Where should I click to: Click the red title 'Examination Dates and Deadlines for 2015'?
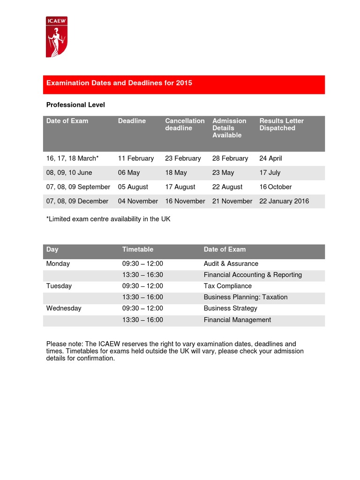point(119,83)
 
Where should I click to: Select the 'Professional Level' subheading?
point(75,105)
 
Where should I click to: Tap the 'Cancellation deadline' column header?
point(185,124)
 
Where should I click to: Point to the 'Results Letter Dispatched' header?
point(281,124)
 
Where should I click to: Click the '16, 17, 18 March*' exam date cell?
point(73,158)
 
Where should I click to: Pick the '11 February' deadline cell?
point(136,158)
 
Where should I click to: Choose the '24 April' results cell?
point(270,158)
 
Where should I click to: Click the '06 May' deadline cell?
point(129,172)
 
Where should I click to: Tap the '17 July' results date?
point(270,172)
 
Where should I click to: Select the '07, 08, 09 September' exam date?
point(78,187)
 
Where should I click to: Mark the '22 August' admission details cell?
point(227,187)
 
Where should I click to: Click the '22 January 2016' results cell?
point(284,201)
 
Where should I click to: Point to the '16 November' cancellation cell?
point(185,201)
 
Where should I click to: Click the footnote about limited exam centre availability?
point(108,219)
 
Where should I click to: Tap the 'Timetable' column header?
point(138,249)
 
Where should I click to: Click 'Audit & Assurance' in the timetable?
point(231,263)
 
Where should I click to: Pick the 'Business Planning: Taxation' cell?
point(246,297)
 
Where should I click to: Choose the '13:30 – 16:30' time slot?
point(142,275)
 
